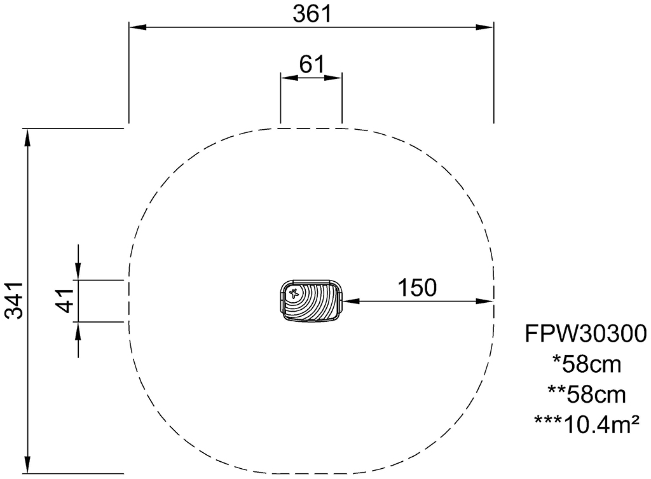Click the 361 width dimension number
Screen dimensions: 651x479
tap(312, 14)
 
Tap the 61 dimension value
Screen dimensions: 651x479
tap(312, 64)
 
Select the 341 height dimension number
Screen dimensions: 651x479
tap(14, 300)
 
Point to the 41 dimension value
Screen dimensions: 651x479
tap(64, 300)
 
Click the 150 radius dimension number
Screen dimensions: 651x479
tap(417, 288)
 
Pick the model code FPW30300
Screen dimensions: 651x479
tap(586, 333)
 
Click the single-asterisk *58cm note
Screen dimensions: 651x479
tap(587, 364)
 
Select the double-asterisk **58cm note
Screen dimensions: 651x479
tap(587, 394)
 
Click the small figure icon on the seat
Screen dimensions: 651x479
tap(294, 294)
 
